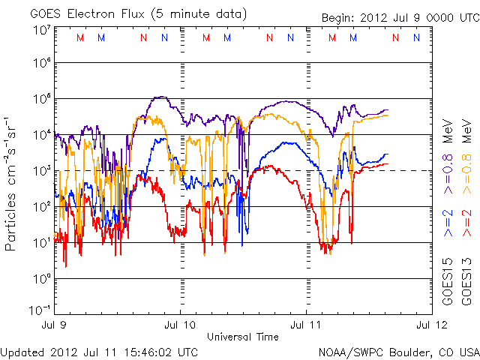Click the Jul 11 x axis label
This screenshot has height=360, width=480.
tap(307, 326)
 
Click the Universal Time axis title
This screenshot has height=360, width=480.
tap(242, 337)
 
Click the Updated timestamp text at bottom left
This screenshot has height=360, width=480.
tap(99, 351)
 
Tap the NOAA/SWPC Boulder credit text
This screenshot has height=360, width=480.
tap(398, 351)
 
